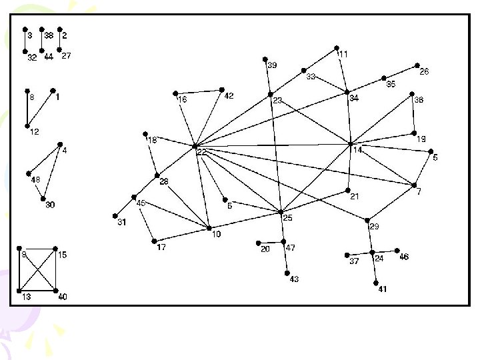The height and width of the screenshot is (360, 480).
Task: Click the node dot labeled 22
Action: tap(195, 145)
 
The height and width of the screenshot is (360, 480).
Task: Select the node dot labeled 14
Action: tap(351, 143)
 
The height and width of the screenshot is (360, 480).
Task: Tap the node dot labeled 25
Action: tap(281, 212)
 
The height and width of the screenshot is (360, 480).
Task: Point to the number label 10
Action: tap(216, 234)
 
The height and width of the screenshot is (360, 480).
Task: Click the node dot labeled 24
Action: tap(372, 252)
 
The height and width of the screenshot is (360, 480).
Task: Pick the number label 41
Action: tap(382, 289)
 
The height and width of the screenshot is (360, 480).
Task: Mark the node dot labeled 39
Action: tap(265, 59)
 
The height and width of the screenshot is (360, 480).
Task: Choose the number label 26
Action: tap(424, 72)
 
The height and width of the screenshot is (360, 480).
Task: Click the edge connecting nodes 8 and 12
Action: tap(27, 108)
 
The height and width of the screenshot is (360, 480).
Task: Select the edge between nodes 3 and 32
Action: tap(25, 40)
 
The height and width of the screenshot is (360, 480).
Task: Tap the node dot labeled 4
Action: tap(60, 144)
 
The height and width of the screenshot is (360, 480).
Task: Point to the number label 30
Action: tap(50, 205)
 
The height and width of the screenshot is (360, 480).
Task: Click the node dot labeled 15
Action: tap(55, 249)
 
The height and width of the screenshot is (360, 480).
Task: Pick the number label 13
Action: tap(27, 297)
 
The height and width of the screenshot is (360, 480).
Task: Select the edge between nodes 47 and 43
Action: tap(285, 257)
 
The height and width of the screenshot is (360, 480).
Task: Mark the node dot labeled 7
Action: tap(415, 185)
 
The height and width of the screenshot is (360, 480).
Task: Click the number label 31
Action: tap(122, 223)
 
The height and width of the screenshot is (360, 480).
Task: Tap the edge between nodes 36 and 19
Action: tap(413, 113)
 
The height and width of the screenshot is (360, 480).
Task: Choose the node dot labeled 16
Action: tap(175, 93)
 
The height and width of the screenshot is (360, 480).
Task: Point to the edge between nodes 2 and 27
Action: tap(60, 40)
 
